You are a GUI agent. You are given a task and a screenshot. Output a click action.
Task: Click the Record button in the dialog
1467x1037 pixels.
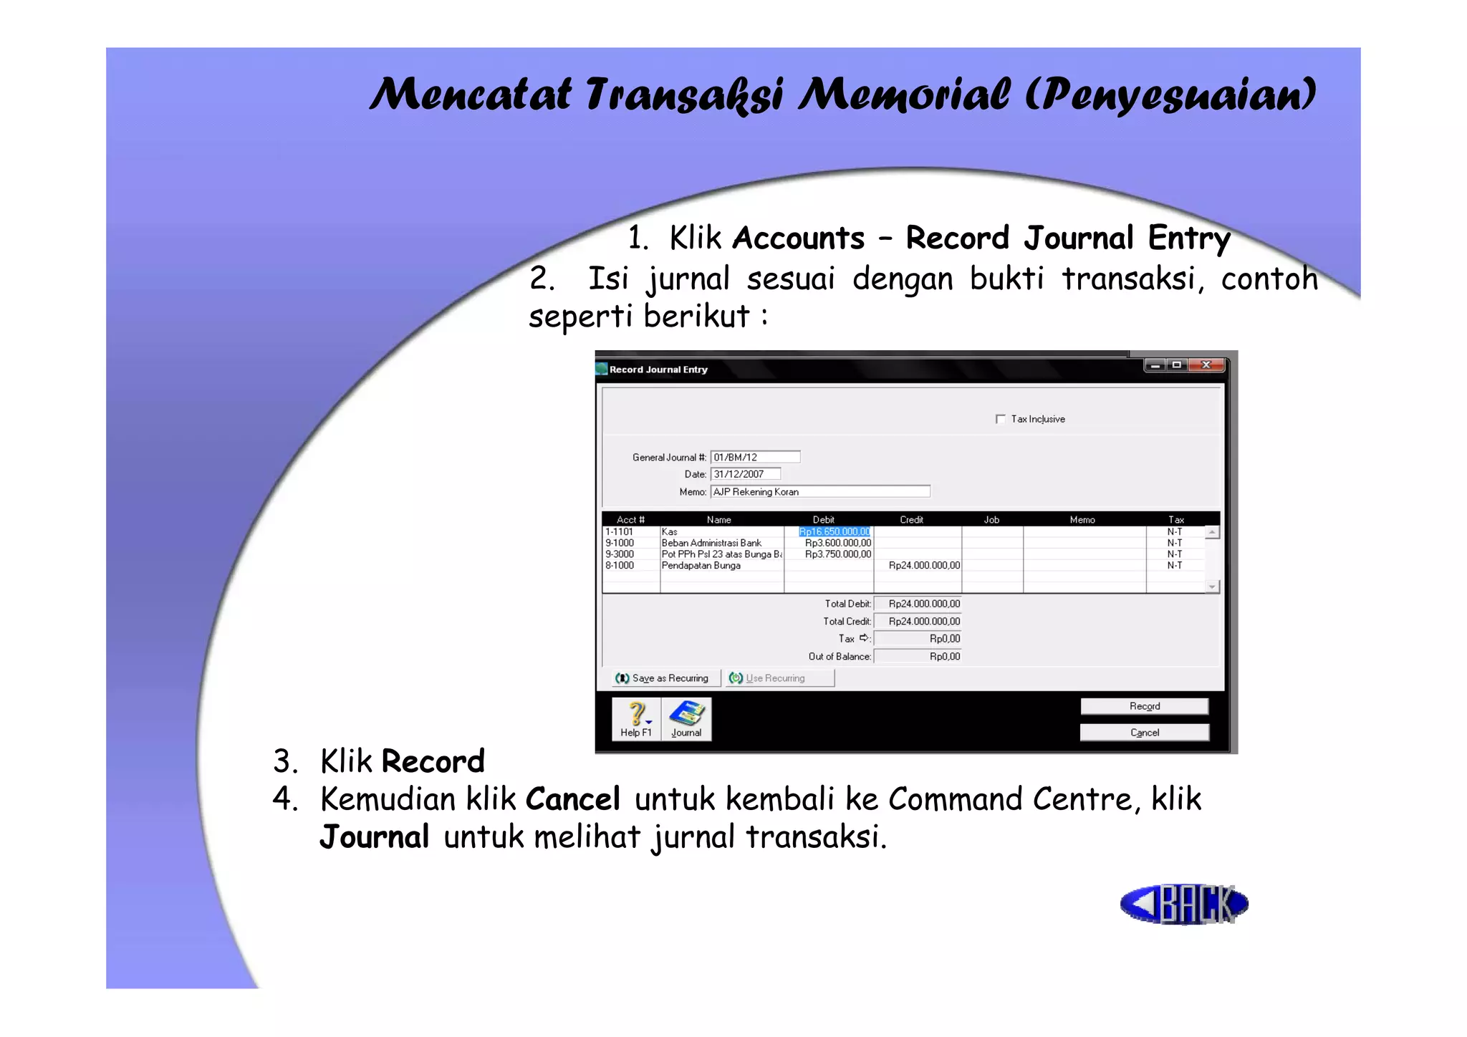point(1144,706)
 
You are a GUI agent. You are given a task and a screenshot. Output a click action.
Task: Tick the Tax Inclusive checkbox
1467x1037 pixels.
point(1001,419)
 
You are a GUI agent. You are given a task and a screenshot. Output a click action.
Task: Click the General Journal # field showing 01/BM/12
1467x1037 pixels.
point(755,457)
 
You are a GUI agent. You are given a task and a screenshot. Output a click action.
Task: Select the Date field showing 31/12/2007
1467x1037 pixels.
point(745,474)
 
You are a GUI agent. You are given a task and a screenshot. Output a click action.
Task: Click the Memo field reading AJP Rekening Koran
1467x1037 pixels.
point(820,492)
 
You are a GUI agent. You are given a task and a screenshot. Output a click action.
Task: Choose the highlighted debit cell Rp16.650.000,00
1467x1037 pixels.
point(834,532)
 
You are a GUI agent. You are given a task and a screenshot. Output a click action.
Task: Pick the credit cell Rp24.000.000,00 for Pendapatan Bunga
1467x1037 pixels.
point(923,566)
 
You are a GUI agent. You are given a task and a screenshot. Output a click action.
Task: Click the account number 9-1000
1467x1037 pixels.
point(620,544)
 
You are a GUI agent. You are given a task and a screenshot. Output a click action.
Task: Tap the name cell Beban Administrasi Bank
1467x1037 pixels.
point(711,544)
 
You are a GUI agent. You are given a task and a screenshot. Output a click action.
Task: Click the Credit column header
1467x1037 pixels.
point(911,520)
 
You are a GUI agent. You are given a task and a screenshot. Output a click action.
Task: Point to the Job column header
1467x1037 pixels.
point(991,520)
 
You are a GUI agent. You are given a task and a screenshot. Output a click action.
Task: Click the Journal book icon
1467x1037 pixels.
point(686,714)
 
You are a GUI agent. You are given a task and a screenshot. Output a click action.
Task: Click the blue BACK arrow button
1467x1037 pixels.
point(1183,904)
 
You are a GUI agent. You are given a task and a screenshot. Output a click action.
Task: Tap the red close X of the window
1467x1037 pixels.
point(1206,365)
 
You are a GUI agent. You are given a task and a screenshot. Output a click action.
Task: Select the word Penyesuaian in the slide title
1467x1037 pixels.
point(1171,95)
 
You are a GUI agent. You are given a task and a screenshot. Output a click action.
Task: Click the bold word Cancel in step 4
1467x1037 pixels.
point(572,799)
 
